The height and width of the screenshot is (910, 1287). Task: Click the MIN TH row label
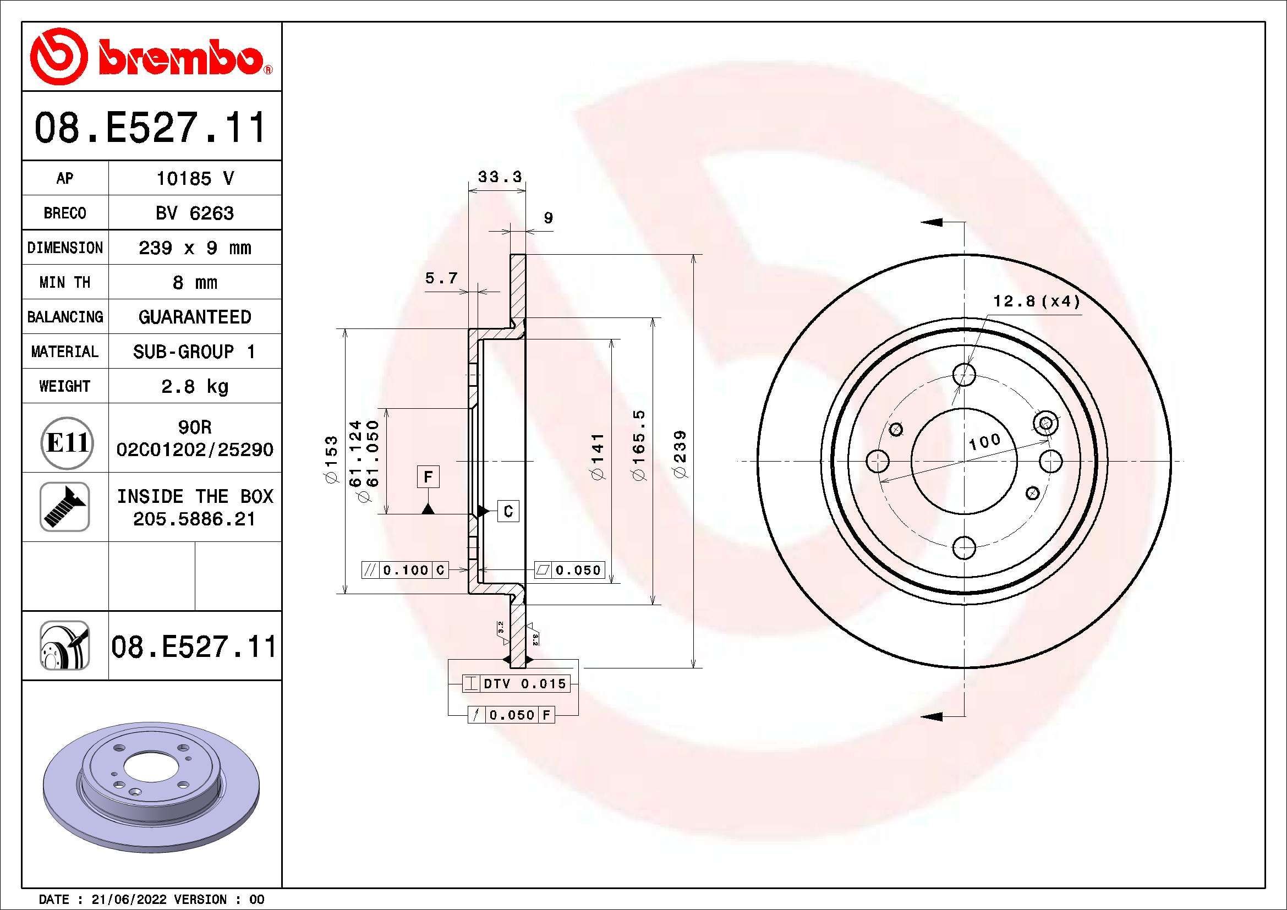[64, 282]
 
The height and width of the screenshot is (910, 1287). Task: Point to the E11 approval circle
[67, 443]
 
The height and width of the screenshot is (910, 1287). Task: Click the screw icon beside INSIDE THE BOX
[64, 507]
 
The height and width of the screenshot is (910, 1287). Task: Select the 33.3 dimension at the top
[499, 177]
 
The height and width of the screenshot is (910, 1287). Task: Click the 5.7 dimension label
[441, 278]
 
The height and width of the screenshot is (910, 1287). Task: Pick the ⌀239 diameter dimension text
[680, 454]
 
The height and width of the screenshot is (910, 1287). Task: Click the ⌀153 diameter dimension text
[331, 459]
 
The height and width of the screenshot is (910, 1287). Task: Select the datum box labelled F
[428, 477]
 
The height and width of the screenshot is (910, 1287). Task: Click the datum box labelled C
[508, 511]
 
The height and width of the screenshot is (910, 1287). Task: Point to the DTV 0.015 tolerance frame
[516, 684]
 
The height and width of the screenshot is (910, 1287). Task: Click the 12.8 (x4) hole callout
[1036, 301]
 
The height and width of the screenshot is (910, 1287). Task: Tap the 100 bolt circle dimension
[985, 441]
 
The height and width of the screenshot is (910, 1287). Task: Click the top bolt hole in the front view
[964, 374]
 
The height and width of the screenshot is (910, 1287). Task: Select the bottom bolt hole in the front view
[964, 547]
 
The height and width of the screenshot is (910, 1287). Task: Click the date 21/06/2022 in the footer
[128, 900]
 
